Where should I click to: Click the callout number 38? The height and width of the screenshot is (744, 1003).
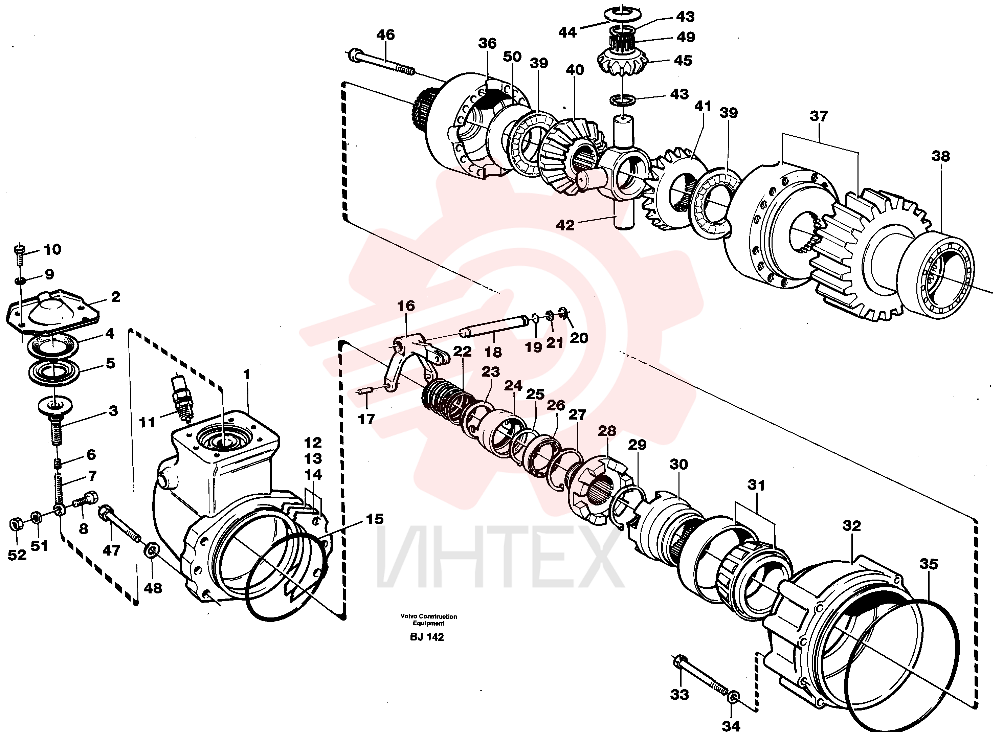pos(941,156)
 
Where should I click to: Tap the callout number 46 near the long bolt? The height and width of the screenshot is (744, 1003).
pos(385,35)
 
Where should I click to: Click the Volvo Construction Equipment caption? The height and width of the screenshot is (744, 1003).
pos(429,620)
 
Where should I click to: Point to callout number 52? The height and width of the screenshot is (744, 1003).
pos(17,555)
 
